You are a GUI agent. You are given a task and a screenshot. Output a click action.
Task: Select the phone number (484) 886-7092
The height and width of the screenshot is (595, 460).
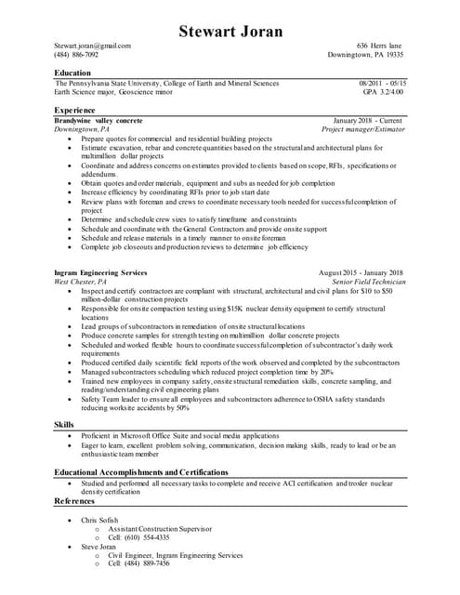pos(76,55)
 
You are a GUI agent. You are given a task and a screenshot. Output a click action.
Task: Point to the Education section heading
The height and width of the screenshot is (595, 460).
pos(72,73)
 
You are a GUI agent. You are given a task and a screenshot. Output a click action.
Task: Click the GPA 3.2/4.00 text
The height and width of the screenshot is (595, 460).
pos(384,92)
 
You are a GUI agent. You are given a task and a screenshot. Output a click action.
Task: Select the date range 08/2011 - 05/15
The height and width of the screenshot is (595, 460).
pos(382,83)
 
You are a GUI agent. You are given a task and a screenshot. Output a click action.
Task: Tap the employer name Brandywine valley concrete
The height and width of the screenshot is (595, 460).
pos(99,121)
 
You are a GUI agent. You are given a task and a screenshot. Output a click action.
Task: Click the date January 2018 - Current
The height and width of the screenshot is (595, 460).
pos(367,121)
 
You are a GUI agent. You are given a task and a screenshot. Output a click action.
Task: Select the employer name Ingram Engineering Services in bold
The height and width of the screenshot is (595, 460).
pos(101,272)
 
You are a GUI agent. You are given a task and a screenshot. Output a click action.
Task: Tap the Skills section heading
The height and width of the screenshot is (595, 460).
pos(64,424)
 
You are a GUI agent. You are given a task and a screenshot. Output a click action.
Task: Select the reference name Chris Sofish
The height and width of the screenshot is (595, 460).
pos(99,521)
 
